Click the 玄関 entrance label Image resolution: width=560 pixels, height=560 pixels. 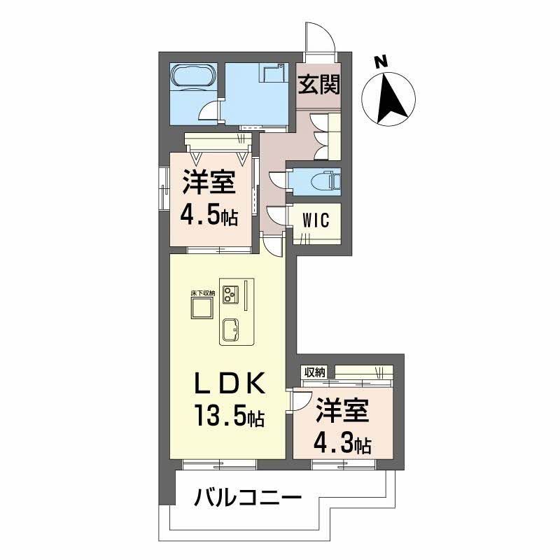tap(319, 85)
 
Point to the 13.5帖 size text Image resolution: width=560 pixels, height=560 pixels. tap(228, 417)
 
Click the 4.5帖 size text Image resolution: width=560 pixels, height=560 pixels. tap(209, 215)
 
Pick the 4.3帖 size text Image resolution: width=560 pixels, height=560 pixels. tap(342, 442)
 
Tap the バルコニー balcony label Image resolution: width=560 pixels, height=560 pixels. tap(248, 499)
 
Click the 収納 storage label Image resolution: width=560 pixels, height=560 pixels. tap(315, 372)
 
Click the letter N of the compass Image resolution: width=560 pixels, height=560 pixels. tap(380, 62)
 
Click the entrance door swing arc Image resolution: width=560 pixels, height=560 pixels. tap(319, 36)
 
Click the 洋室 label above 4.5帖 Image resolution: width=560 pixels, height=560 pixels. tap(209, 183)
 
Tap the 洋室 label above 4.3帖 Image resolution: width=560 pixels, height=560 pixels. tap(342, 412)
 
